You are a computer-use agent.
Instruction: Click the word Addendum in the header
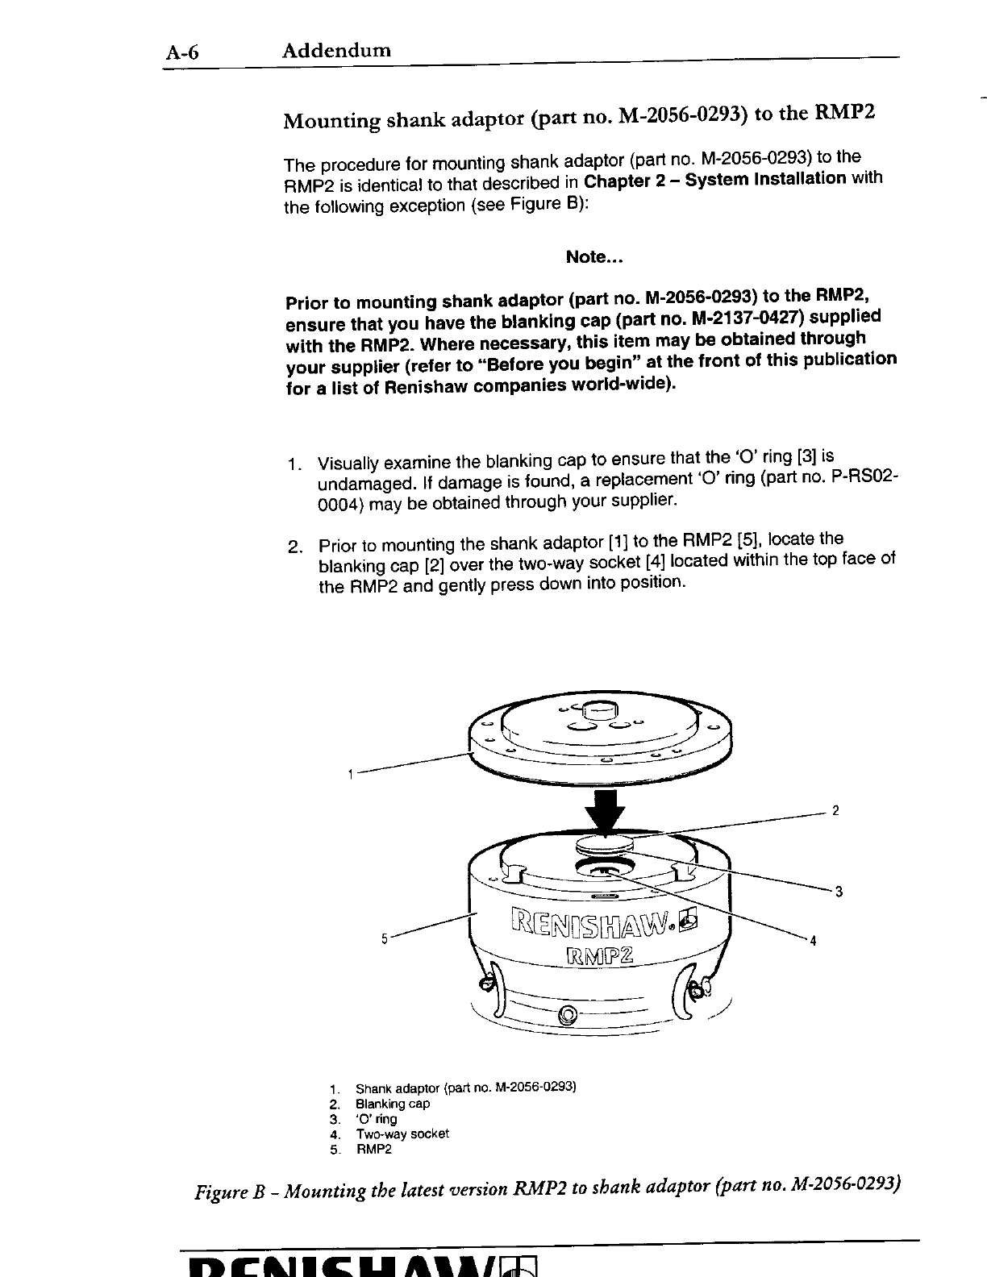point(336,51)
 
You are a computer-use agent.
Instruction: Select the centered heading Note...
point(595,257)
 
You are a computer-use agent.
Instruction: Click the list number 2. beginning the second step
point(295,547)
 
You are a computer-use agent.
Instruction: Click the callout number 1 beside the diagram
point(350,775)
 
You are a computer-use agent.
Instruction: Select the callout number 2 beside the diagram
point(836,810)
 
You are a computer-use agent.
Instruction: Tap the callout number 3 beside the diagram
point(839,892)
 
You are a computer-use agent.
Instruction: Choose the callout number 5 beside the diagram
point(385,938)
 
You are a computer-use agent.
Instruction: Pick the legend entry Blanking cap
point(393,1104)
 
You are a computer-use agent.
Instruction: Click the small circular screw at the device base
point(568,1014)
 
